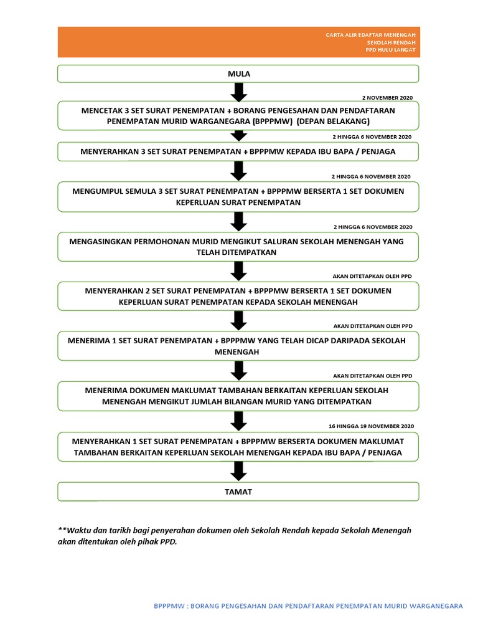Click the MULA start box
point(238,74)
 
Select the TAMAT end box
point(238,492)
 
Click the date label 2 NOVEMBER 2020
point(387,98)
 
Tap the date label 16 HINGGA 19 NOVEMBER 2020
point(370,426)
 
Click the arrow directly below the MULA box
point(239,92)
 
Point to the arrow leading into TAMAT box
point(239,472)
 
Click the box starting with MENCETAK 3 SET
point(238,115)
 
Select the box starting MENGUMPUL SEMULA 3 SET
point(238,196)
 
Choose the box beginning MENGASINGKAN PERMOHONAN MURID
point(238,247)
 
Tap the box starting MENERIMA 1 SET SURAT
point(238,346)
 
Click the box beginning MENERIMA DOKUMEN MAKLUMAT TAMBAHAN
point(238,396)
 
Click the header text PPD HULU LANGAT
point(391,50)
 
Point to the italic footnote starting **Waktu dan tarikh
point(235,536)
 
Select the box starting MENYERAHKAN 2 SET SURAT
point(238,296)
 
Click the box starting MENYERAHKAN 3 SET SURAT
point(238,151)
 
